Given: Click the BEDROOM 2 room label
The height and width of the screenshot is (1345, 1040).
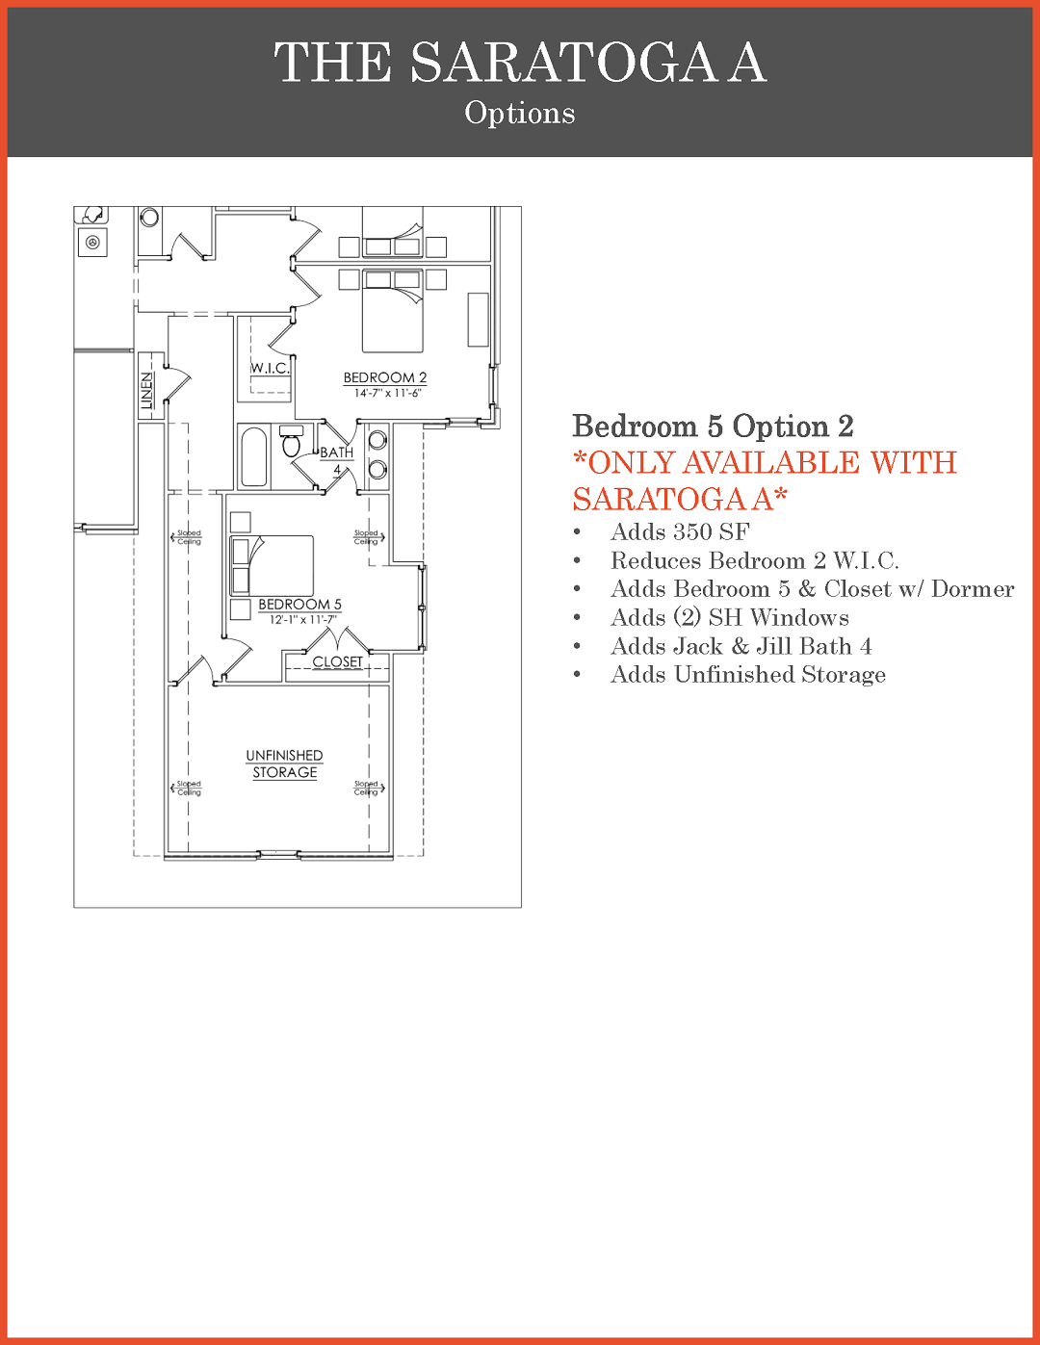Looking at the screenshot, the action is (385, 377).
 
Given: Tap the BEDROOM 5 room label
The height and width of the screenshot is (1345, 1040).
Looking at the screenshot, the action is (299, 604).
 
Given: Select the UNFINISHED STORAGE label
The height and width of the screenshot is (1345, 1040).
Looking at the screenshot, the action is (285, 763).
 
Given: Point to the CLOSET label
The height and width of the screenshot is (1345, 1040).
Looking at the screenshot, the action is (337, 661).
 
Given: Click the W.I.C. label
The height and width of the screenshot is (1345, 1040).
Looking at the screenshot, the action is (270, 369).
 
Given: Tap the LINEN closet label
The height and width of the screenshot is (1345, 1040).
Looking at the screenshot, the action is (146, 391).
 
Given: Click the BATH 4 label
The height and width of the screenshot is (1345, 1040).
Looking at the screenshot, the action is (337, 461).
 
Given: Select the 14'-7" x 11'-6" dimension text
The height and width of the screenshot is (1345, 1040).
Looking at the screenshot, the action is (387, 393).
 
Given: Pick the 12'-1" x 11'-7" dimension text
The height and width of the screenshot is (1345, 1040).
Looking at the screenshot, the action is (302, 620).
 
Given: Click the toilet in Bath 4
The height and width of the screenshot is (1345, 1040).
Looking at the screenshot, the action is (291, 441).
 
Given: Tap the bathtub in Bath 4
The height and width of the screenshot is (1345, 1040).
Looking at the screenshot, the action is (254, 456).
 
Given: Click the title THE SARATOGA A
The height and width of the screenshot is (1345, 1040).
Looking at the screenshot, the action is (521, 62).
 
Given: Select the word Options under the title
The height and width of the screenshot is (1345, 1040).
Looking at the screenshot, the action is (520, 113).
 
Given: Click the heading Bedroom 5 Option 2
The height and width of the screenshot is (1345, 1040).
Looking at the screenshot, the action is (714, 426).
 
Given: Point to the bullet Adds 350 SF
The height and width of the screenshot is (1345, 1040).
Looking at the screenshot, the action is (680, 531).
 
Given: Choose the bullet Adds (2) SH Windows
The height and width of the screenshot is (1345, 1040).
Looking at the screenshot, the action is (730, 617).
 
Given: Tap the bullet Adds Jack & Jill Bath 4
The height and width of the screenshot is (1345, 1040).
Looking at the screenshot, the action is (741, 646).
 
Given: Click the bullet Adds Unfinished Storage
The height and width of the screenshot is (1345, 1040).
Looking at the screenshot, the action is (748, 675).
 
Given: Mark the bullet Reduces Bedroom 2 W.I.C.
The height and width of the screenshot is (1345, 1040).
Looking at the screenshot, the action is (755, 560).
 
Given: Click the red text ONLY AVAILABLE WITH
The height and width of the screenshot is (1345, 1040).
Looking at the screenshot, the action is (766, 463).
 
